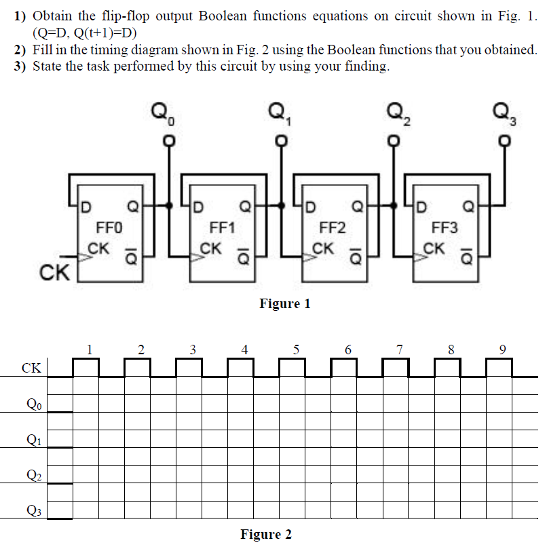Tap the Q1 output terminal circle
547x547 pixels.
tap(280, 141)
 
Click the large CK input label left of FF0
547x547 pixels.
tap(55, 273)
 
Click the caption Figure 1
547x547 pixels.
tap(284, 303)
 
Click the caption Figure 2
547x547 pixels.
tap(266, 534)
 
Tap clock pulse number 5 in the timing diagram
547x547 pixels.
tap(296, 350)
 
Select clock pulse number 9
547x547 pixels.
tap(502, 350)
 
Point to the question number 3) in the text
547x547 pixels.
tap(22, 66)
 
